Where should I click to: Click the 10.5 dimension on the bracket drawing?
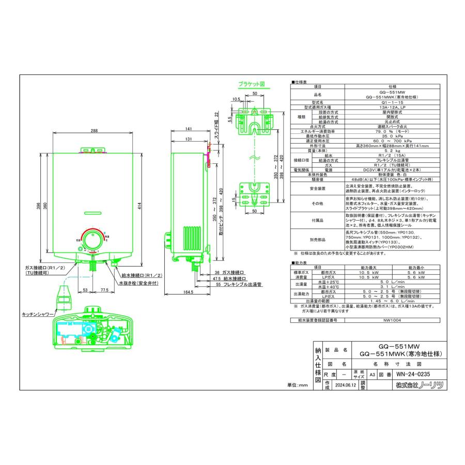[236, 99]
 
